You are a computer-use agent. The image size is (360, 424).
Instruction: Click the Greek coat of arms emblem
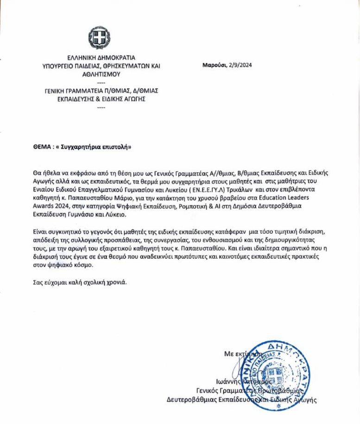[x=100, y=38]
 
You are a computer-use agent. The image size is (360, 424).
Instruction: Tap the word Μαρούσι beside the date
[x=213, y=65]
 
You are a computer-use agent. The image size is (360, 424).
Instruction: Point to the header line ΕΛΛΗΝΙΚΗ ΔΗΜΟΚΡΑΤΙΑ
[x=101, y=58]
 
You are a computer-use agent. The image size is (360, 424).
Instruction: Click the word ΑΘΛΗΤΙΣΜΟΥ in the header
[x=101, y=74]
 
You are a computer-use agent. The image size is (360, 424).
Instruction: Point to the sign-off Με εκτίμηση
[x=242, y=354]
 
